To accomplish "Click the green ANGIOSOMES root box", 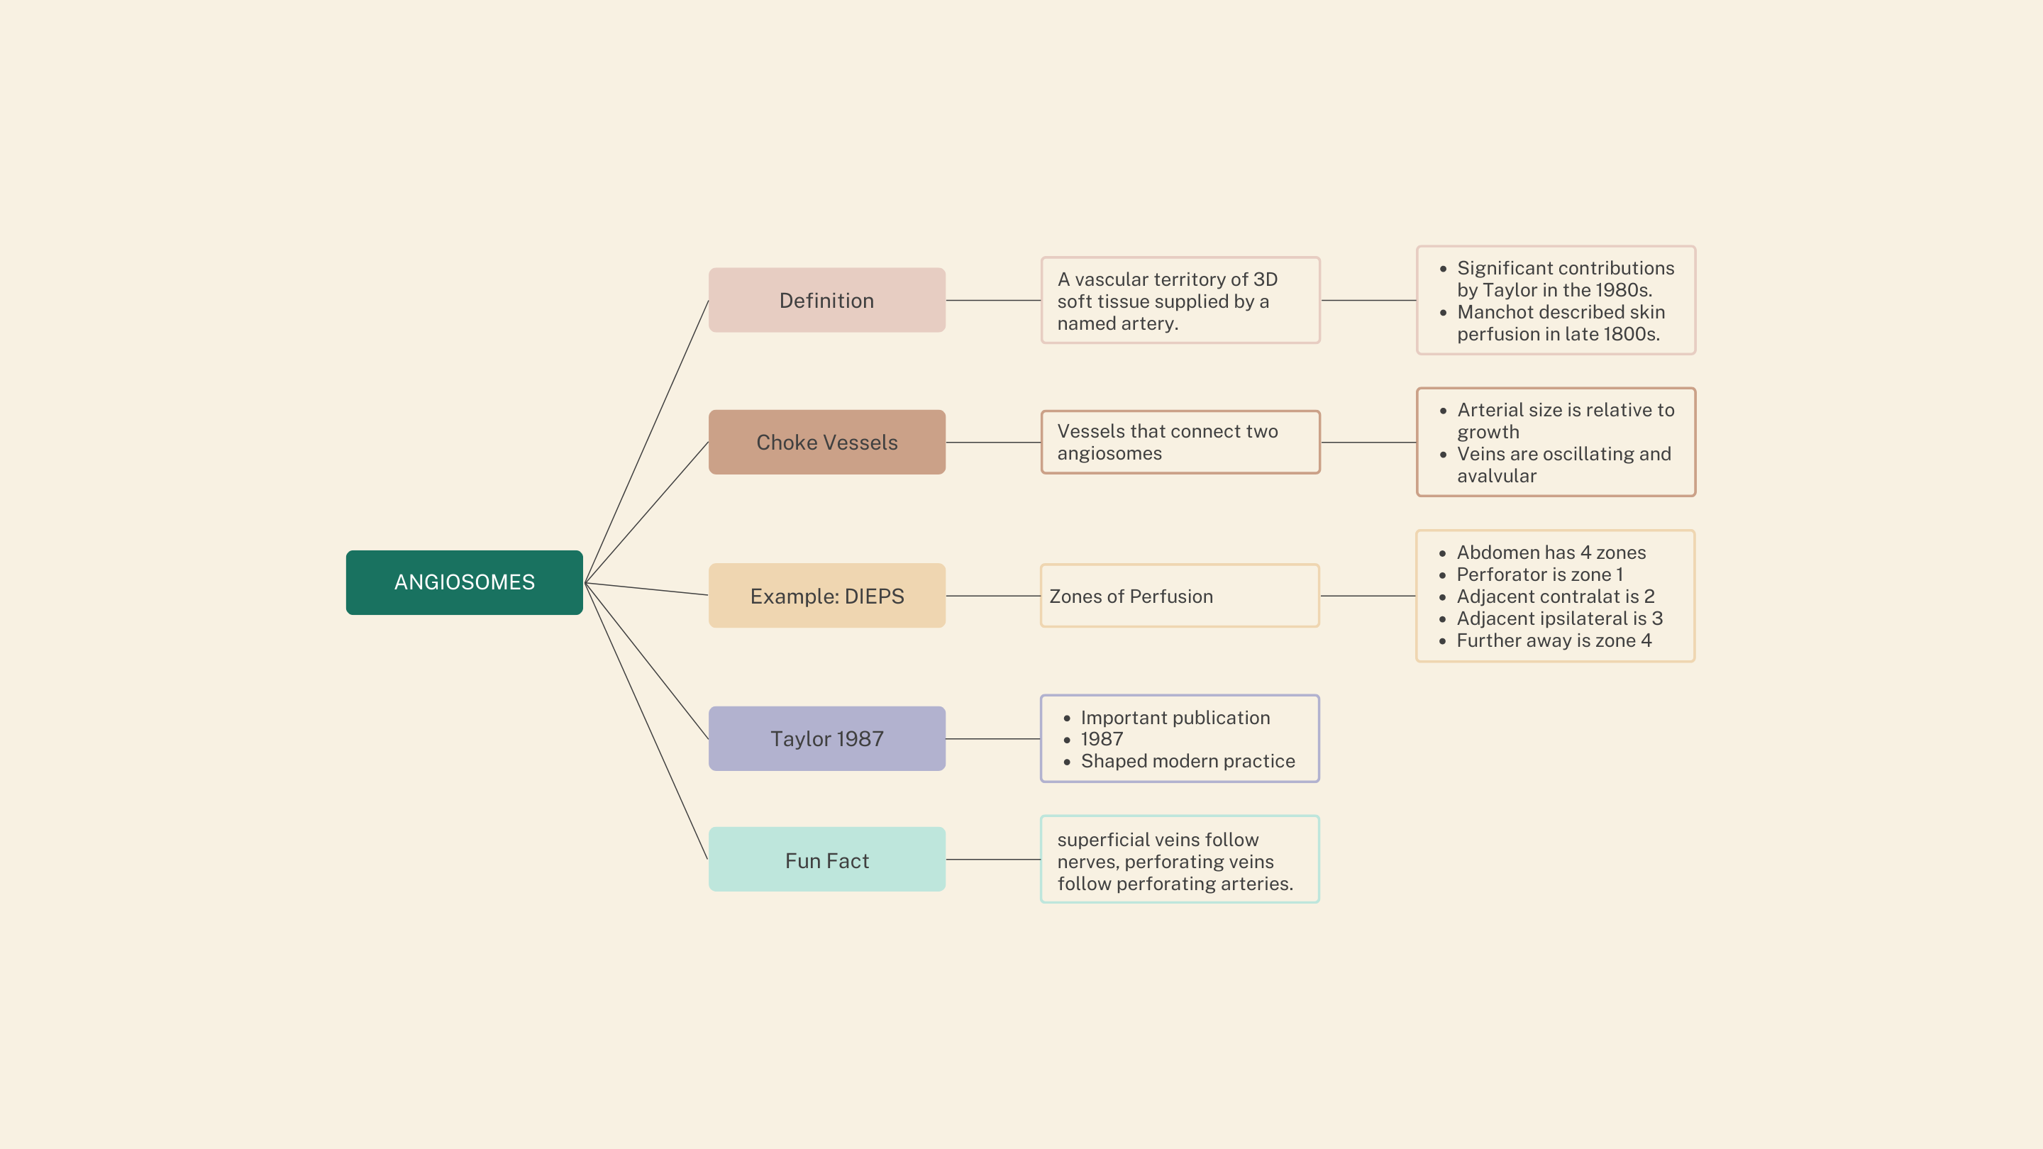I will tap(464, 582).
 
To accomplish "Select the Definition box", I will tap(826, 301).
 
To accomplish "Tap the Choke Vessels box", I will tap(826, 443).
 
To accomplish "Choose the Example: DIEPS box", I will tap(826, 596).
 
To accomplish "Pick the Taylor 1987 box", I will tap(826, 739).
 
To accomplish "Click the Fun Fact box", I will tap(826, 860).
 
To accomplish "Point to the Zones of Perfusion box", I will tap(1179, 596).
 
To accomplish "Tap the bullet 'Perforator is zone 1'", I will tap(1539, 574).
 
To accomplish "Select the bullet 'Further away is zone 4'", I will tap(1554, 640).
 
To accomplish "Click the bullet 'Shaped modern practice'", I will tap(1187, 761).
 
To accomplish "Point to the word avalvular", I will tap(1497, 476).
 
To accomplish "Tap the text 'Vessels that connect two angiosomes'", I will tap(1167, 443).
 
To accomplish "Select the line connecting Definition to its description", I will tap(993, 301).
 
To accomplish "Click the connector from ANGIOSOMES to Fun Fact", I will tap(646, 721).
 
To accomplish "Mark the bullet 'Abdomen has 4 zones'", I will tap(1551, 553).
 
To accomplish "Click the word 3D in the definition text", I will tap(1265, 280).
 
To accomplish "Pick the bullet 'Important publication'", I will tap(1175, 718).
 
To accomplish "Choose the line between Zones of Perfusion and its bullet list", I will tap(1367, 596).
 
